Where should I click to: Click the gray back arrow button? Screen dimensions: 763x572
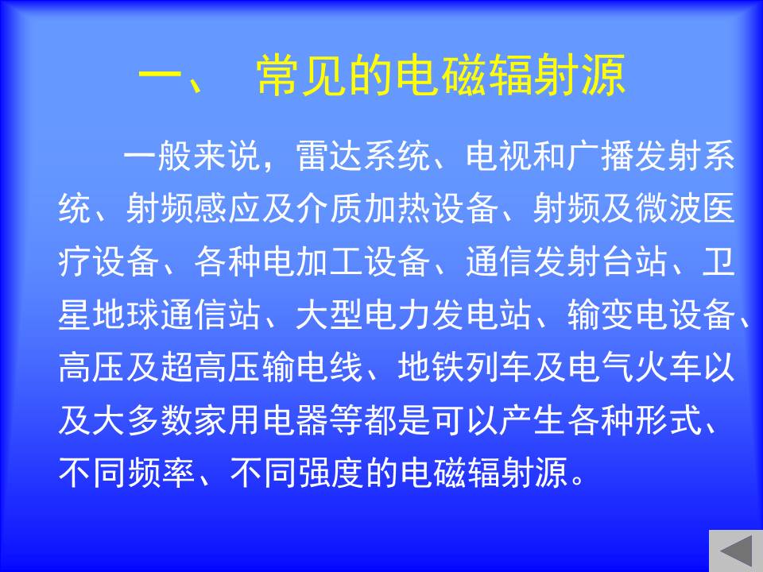[x=736, y=551]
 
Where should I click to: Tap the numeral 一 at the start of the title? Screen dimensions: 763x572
[x=160, y=75]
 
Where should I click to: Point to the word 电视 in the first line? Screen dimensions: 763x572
[x=499, y=157]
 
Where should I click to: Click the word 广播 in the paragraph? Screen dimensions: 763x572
[x=600, y=157]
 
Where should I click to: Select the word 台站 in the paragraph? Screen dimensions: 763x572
[x=634, y=261]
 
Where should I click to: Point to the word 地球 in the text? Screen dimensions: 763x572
[x=126, y=315]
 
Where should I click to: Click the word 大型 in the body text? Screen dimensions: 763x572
[x=329, y=315]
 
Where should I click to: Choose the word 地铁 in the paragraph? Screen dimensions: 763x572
[x=431, y=366]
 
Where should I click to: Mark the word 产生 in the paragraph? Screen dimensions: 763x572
[x=533, y=419]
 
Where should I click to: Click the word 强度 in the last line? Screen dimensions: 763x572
[x=329, y=472]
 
